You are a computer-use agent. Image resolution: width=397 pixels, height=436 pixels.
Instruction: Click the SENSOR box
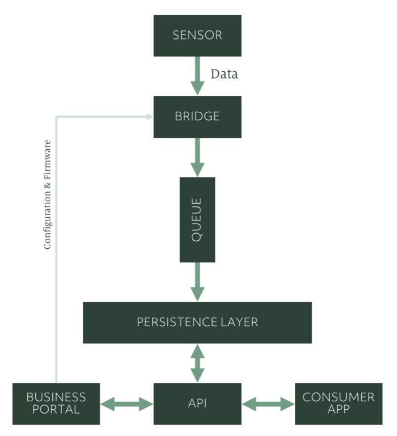tap(197, 36)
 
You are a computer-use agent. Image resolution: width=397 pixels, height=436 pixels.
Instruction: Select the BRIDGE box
tap(197, 117)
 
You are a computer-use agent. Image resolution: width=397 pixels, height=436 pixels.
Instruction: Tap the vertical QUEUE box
tap(197, 219)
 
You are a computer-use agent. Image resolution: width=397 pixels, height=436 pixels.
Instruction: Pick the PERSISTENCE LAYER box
tap(197, 322)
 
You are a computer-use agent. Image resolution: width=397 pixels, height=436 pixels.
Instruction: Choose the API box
tap(197, 403)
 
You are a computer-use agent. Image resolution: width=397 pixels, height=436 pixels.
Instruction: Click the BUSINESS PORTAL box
tap(56, 403)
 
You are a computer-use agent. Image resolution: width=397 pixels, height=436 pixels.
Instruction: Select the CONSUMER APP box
tap(339, 403)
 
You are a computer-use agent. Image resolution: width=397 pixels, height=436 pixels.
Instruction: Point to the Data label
tap(224, 74)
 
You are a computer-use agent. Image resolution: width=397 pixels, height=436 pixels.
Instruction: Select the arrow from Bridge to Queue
tap(197, 157)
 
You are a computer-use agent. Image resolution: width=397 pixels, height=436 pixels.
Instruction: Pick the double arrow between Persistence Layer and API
tap(197, 363)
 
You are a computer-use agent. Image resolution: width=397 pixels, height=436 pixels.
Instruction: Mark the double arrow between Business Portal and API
tap(127, 403)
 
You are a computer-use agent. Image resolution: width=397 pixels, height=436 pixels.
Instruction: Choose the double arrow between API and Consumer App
tap(268, 403)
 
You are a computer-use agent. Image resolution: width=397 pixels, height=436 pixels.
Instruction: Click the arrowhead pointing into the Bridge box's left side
tap(149, 115)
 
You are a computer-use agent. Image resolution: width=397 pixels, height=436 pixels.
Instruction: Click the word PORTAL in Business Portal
tap(56, 410)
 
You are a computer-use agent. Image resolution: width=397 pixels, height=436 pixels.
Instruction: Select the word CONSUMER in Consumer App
tap(339, 397)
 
